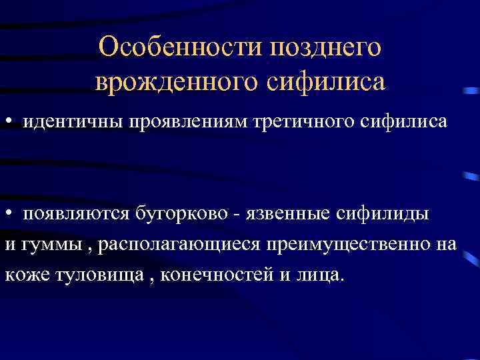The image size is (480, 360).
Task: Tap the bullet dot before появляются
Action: pyautogui.click(x=9, y=215)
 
